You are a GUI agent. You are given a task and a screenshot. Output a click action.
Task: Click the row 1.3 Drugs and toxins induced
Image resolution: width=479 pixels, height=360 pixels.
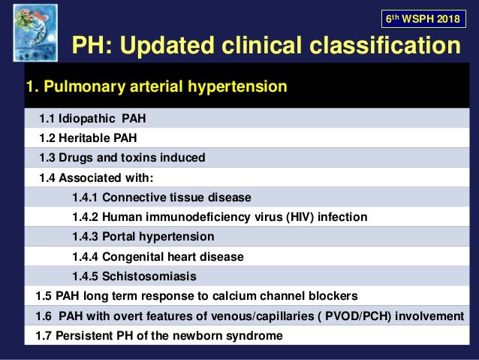click(x=122, y=158)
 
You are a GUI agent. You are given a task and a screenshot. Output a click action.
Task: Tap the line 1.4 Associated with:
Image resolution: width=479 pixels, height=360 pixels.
click(x=96, y=177)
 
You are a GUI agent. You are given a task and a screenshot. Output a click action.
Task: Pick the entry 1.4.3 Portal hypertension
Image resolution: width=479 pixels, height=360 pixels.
click(x=143, y=237)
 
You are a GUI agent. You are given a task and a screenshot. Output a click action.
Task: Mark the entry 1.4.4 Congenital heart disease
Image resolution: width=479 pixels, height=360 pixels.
click(x=158, y=256)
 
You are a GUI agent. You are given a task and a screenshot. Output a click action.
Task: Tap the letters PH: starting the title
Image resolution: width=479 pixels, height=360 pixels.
click(x=90, y=47)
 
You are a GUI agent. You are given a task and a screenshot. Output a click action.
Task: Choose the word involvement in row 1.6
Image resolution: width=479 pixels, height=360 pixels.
click(x=430, y=316)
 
